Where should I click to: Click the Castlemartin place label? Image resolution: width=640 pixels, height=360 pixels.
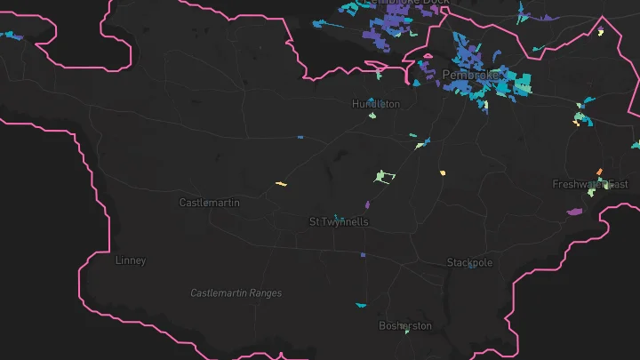click(209, 203)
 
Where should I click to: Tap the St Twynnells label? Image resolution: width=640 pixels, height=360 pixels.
click(338, 221)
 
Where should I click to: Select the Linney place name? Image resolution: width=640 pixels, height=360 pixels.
click(131, 260)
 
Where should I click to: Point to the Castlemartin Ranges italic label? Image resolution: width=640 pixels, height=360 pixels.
click(236, 293)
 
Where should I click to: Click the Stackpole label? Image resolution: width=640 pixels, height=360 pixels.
click(469, 262)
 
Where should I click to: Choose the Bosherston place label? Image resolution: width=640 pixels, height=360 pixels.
click(405, 325)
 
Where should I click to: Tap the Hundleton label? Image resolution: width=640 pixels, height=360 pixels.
click(376, 104)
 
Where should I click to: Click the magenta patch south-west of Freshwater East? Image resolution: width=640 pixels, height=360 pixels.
click(574, 212)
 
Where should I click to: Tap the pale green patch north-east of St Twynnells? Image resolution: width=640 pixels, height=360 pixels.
click(384, 176)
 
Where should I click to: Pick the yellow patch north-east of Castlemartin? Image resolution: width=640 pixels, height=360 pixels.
click(281, 184)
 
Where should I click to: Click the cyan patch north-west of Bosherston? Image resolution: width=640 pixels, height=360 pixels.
click(361, 305)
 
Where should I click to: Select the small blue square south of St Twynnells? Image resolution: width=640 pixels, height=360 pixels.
click(363, 255)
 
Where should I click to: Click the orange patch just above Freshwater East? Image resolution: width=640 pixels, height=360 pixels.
click(599, 172)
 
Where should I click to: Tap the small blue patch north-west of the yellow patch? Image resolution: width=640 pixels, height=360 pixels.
click(300, 138)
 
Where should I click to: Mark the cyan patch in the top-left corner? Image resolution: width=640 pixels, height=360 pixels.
click(11, 36)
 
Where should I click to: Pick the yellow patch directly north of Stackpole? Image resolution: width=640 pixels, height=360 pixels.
click(442, 172)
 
